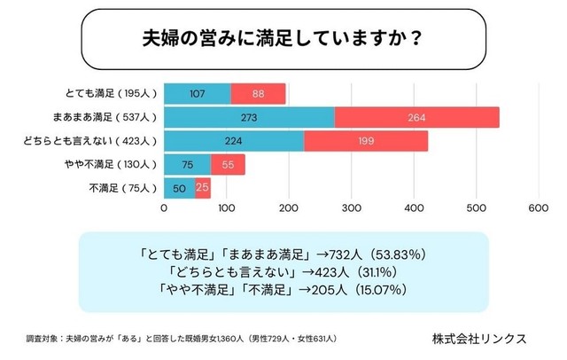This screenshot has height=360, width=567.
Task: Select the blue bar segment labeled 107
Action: click(x=197, y=94)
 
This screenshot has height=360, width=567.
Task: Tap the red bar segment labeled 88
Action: click(x=258, y=94)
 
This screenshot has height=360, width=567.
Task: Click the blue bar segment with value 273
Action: click(x=249, y=117)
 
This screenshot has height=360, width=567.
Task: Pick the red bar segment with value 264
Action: click(x=416, y=117)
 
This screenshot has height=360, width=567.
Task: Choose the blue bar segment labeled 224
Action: click(x=234, y=141)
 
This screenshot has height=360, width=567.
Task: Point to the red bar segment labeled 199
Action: click(x=365, y=141)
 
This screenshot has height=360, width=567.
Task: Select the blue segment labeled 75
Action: click(x=187, y=165)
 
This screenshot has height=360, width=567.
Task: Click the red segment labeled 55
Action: click(x=228, y=165)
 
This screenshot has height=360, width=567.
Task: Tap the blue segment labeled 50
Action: click(x=179, y=188)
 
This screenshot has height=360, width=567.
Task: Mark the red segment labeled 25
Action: click(x=203, y=188)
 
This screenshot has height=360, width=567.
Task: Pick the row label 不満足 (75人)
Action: click(x=123, y=188)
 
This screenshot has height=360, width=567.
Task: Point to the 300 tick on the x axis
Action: click(x=351, y=209)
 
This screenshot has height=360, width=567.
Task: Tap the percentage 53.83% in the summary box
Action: click(x=382, y=253)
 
